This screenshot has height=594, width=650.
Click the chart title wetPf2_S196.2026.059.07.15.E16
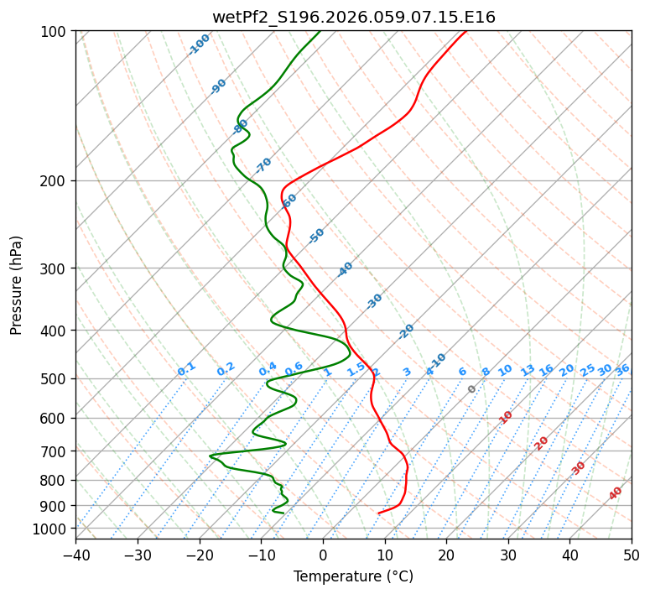click(353, 17)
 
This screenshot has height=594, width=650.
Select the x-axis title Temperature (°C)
click(353, 576)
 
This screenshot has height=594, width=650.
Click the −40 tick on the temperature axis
click(75, 555)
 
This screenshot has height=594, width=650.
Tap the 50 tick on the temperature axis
click(632, 555)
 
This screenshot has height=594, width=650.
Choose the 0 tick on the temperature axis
click(323, 555)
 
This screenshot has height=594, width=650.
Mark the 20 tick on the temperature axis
click(446, 555)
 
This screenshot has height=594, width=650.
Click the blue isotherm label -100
click(199, 44)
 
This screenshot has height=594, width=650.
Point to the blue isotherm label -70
click(263, 165)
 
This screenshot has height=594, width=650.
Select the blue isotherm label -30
click(374, 301)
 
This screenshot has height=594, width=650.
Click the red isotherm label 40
click(616, 493)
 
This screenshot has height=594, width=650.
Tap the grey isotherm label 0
click(472, 389)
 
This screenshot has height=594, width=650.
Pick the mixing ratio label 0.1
click(186, 369)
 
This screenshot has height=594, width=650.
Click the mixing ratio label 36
click(622, 369)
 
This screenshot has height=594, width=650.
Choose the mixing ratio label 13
click(528, 370)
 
